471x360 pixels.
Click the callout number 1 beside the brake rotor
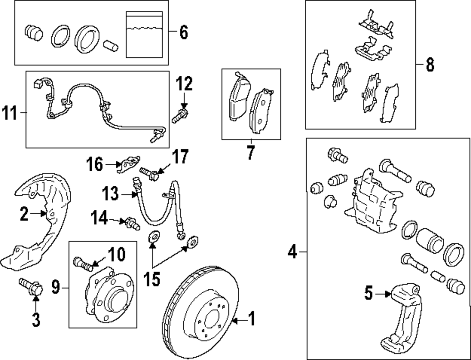point(251,320)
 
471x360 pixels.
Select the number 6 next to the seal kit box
point(183,32)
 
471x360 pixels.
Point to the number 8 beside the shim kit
point(430,64)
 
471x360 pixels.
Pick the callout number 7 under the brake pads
point(251,152)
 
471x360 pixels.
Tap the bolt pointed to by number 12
point(179,115)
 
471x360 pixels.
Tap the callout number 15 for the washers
point(152,280)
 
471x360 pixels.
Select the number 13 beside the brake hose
point(111,193)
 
